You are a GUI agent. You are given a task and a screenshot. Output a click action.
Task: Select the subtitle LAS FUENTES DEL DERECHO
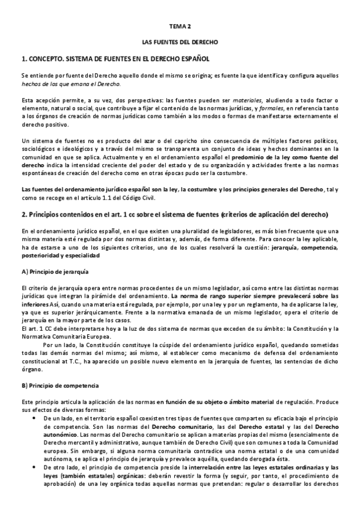(x=179, y=43)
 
